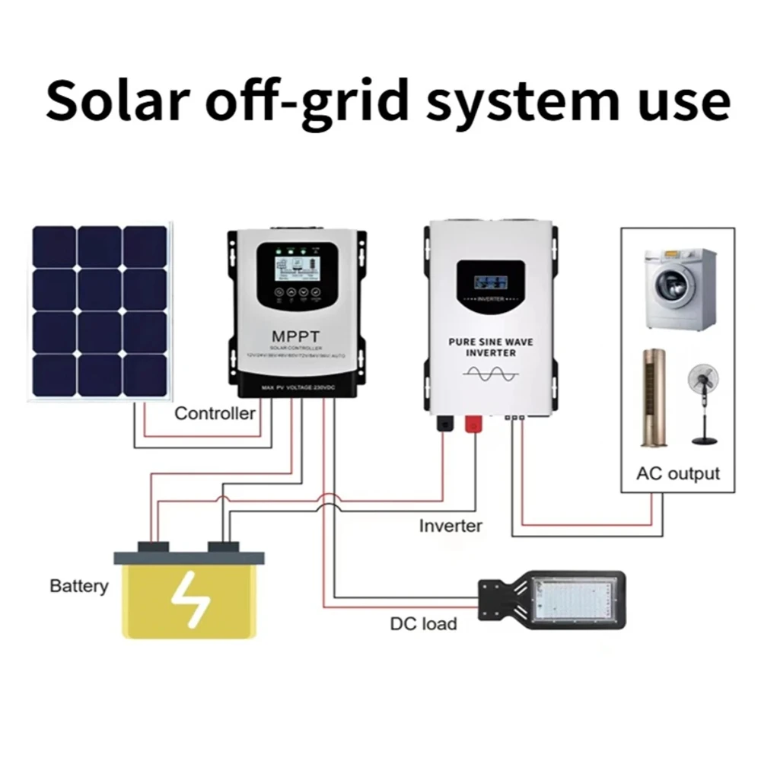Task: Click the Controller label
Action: (x=215, y=414)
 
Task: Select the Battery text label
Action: (x=78, y=587)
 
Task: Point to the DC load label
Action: (x=424, y=624)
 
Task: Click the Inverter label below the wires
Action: (x=451, y=525)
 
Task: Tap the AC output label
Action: (x=677, y=473)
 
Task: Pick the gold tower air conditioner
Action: (x=653, y=397)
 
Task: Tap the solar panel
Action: (x=101, y=310)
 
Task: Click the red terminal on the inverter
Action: (x=473, y=421)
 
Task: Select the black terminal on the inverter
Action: (x=443, y=421)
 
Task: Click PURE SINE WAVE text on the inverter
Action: (x=490, y=342)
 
